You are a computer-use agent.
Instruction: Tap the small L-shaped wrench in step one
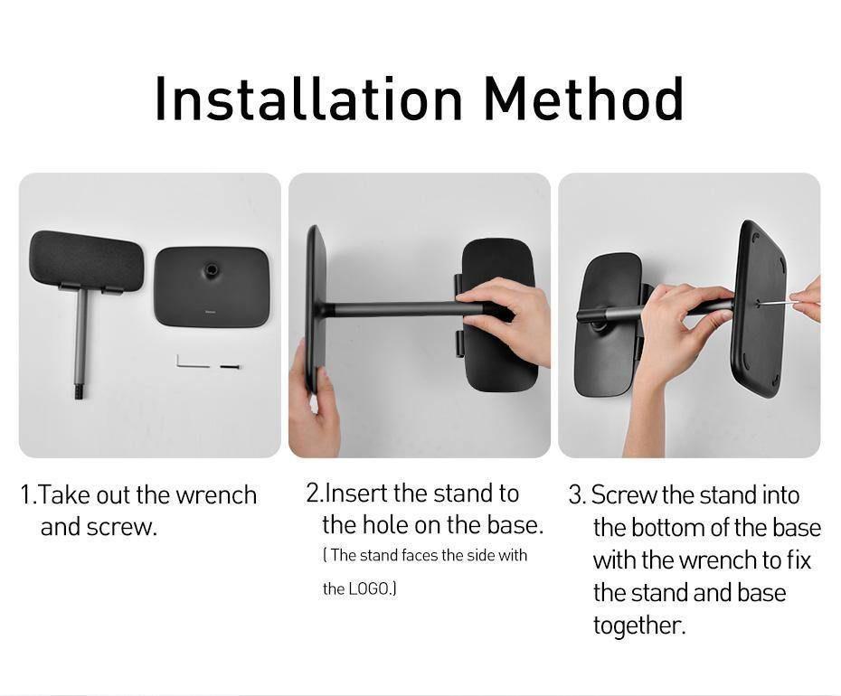[x=184, y=362]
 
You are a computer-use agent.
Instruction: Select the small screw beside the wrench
[x=228, y=367]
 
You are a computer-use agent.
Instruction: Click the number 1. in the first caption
[x=29, y=495]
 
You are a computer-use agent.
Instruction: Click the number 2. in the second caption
[x=314, y=494]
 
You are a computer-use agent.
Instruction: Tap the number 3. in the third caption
[x=577, y=495]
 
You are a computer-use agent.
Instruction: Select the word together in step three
[x=638, y=625]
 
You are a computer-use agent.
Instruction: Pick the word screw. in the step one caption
[x=122, y=528]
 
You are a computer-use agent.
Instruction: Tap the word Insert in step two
[x=356, y=494]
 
